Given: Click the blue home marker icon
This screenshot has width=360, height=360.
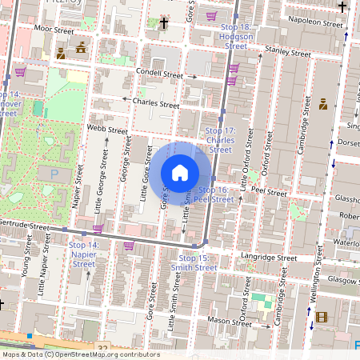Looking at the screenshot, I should (x=180, y=173).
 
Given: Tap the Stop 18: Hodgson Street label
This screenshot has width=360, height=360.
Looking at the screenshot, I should (x=235, y=37).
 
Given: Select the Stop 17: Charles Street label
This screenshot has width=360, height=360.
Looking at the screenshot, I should (x=220, y=140).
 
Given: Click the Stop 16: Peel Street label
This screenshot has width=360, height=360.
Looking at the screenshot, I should (x=213, y=194).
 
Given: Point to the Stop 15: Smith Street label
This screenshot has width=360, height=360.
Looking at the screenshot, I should (x=197, y=263).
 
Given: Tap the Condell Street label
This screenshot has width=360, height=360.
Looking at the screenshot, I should (x=160, y=74).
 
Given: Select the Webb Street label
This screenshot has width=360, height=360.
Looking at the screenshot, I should (x=107, y=129).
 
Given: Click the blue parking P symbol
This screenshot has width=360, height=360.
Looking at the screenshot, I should (x=54, y=173).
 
